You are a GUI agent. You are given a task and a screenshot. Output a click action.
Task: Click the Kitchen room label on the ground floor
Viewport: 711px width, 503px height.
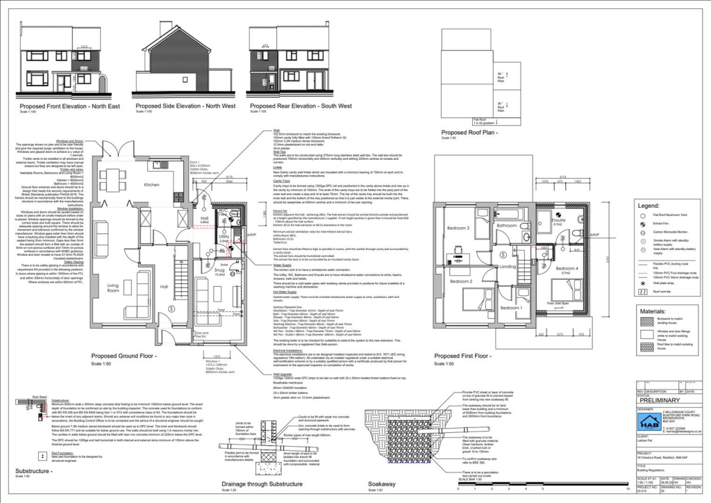[x=151, y=185]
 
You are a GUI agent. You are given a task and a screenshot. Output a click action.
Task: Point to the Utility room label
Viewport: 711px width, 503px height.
[x=224, y=237]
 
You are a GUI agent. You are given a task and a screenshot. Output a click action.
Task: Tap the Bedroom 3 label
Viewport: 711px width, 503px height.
[x=459, y=229]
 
